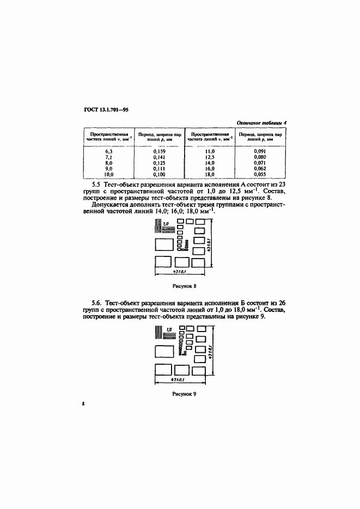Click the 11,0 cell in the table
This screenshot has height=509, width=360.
[210, 151]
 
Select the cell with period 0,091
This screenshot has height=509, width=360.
[260, 151]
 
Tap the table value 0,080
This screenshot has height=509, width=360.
[260, 156]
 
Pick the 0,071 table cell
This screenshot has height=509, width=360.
[260, 162]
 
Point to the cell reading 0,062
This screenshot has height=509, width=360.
[260, 168]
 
